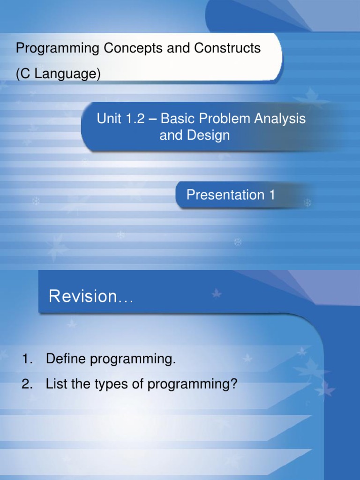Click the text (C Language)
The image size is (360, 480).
(x=58, y=74)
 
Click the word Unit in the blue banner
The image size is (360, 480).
(x=109, y=119)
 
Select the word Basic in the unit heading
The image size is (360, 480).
(x=176, y=119)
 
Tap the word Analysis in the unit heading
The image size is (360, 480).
(x=280, y=119)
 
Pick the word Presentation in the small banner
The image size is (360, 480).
(x=225, y=195)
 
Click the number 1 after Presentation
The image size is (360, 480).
(x=272, y=195)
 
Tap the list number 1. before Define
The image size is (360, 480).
(x=28, y=360)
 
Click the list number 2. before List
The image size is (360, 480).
(x=28, y=384)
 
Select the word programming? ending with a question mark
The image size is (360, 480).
(x=193, y=385)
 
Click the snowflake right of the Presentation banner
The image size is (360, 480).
(x=307, y=203)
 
